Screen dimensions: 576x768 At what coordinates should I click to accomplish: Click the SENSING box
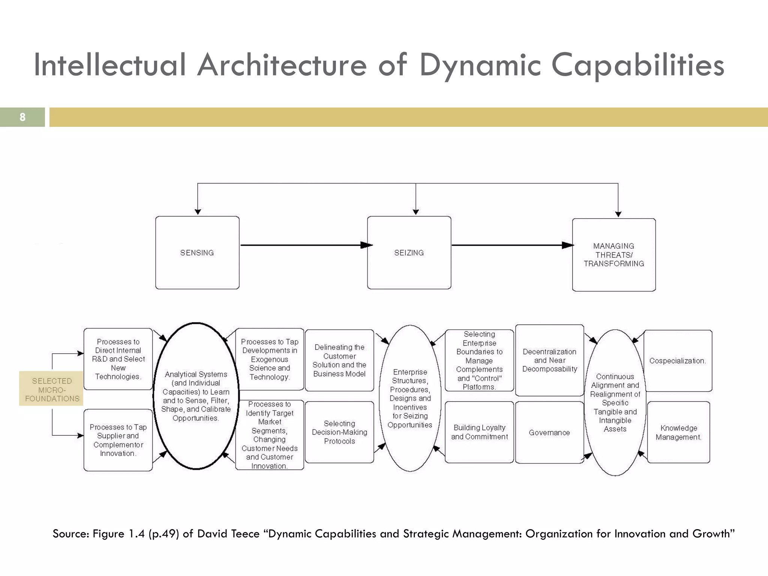tap(197, 253)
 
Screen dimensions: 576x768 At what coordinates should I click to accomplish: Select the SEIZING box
tap(409, 253)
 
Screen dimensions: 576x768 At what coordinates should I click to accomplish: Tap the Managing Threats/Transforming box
tap(614, 255)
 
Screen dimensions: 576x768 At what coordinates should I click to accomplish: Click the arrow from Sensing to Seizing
tap(304, 245)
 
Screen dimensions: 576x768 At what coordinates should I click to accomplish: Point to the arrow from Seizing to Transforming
tap(510, 245)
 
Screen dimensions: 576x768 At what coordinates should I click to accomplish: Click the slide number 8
tap(22, 117)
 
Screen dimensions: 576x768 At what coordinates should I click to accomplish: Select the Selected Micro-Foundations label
tap(52, 389)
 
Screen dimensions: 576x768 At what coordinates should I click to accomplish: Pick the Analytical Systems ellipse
tap(196, 396)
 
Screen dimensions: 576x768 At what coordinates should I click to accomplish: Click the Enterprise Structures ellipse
tap(410, 398)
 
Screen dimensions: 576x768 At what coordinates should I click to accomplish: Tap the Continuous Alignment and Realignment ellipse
tap(615, 403)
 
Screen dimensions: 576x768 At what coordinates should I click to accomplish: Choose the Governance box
tap(549, 433)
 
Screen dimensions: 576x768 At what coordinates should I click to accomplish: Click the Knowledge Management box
tap(678, 432)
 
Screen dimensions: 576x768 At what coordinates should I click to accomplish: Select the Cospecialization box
tap(678, 361)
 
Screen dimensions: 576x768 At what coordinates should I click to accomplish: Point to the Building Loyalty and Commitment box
tap(479, 432)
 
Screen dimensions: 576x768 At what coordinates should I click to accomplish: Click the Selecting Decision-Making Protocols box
tap(339, 432)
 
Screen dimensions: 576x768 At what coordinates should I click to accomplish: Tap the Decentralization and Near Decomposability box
tap(549, 360)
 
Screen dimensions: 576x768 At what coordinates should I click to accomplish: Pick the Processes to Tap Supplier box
tap(118, 440)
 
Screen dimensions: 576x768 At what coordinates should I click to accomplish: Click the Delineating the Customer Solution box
tap(339, 360)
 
